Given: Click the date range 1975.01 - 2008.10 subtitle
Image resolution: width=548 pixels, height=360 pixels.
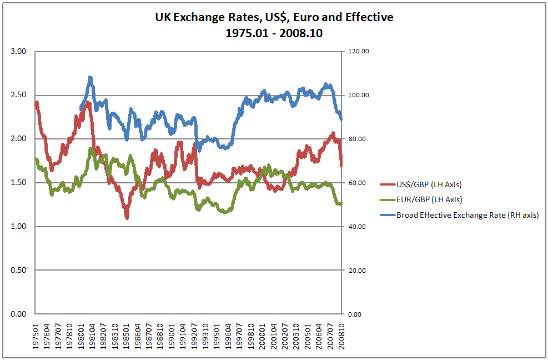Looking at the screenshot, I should point(274,33).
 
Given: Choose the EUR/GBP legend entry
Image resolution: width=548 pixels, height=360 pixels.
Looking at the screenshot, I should point(429,199).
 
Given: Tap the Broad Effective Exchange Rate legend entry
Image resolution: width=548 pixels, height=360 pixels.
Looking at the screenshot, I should point(467,215).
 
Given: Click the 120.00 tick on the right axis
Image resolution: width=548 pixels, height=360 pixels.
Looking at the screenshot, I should point(358,51).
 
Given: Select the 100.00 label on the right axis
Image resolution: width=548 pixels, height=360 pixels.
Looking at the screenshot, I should point(358,95).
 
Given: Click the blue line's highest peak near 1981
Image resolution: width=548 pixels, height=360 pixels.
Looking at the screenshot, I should point(90,78).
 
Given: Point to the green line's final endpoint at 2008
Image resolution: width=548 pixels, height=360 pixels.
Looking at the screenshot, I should point(341,204).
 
